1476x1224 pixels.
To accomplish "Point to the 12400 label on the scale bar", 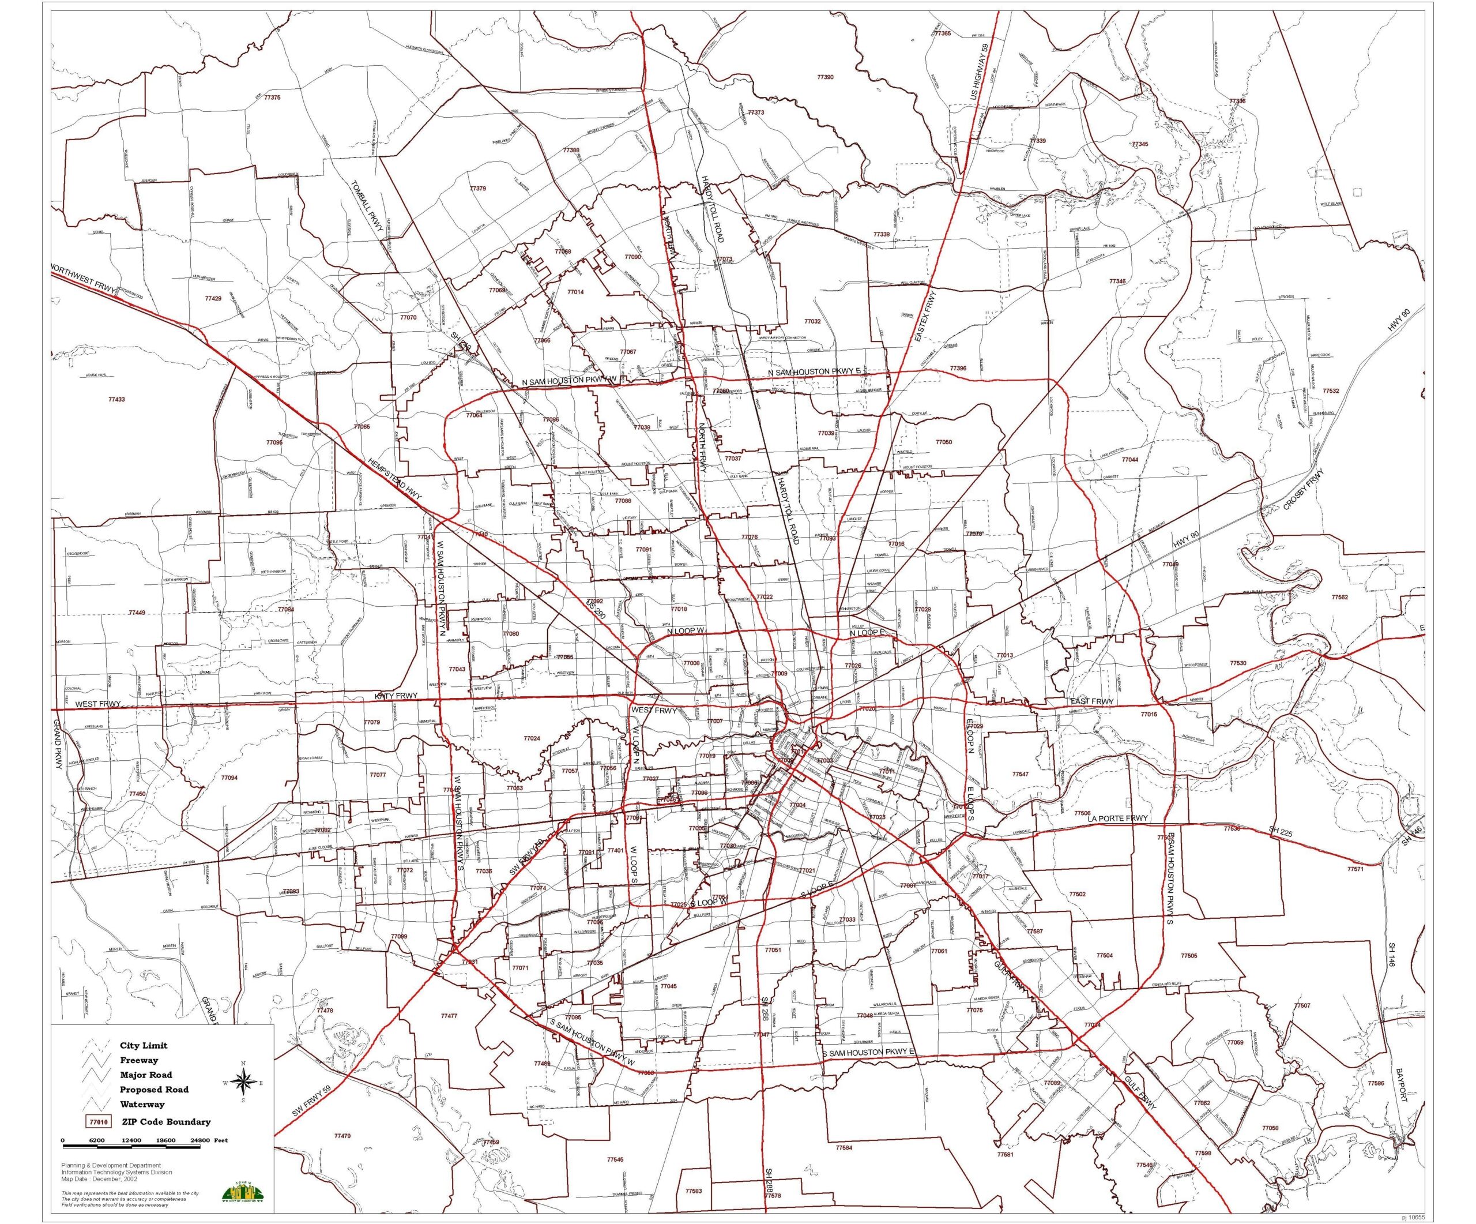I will [131, 1141].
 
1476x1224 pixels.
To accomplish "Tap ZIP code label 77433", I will [116, 399].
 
